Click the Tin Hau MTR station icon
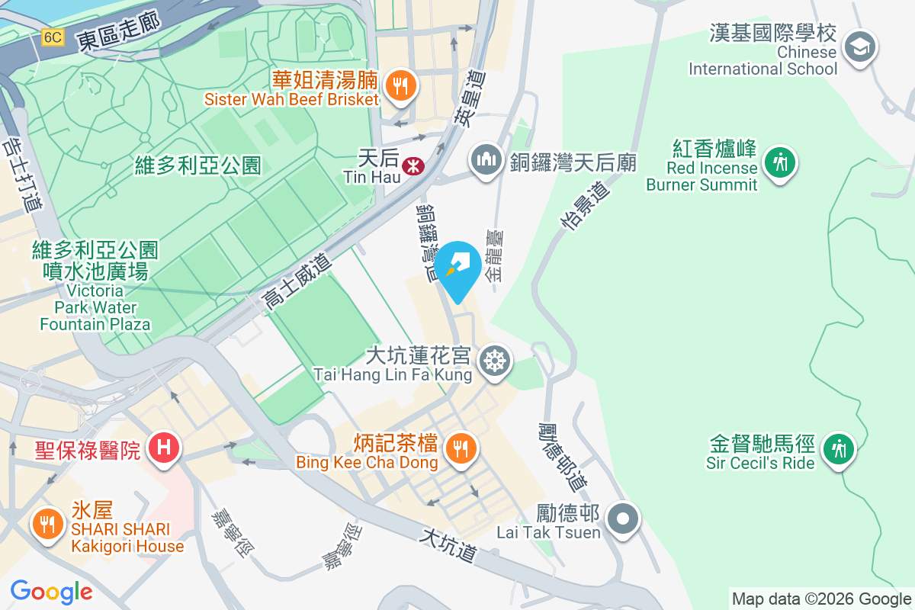click(413, 164)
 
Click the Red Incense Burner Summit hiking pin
click(779, 162)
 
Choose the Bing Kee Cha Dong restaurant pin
click(460, 448)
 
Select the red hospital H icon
click(163, 447)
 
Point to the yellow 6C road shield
click(53, 37)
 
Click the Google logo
click(52, 592)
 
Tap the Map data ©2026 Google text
click(821, 599)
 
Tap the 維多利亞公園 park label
click(197, 165)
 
